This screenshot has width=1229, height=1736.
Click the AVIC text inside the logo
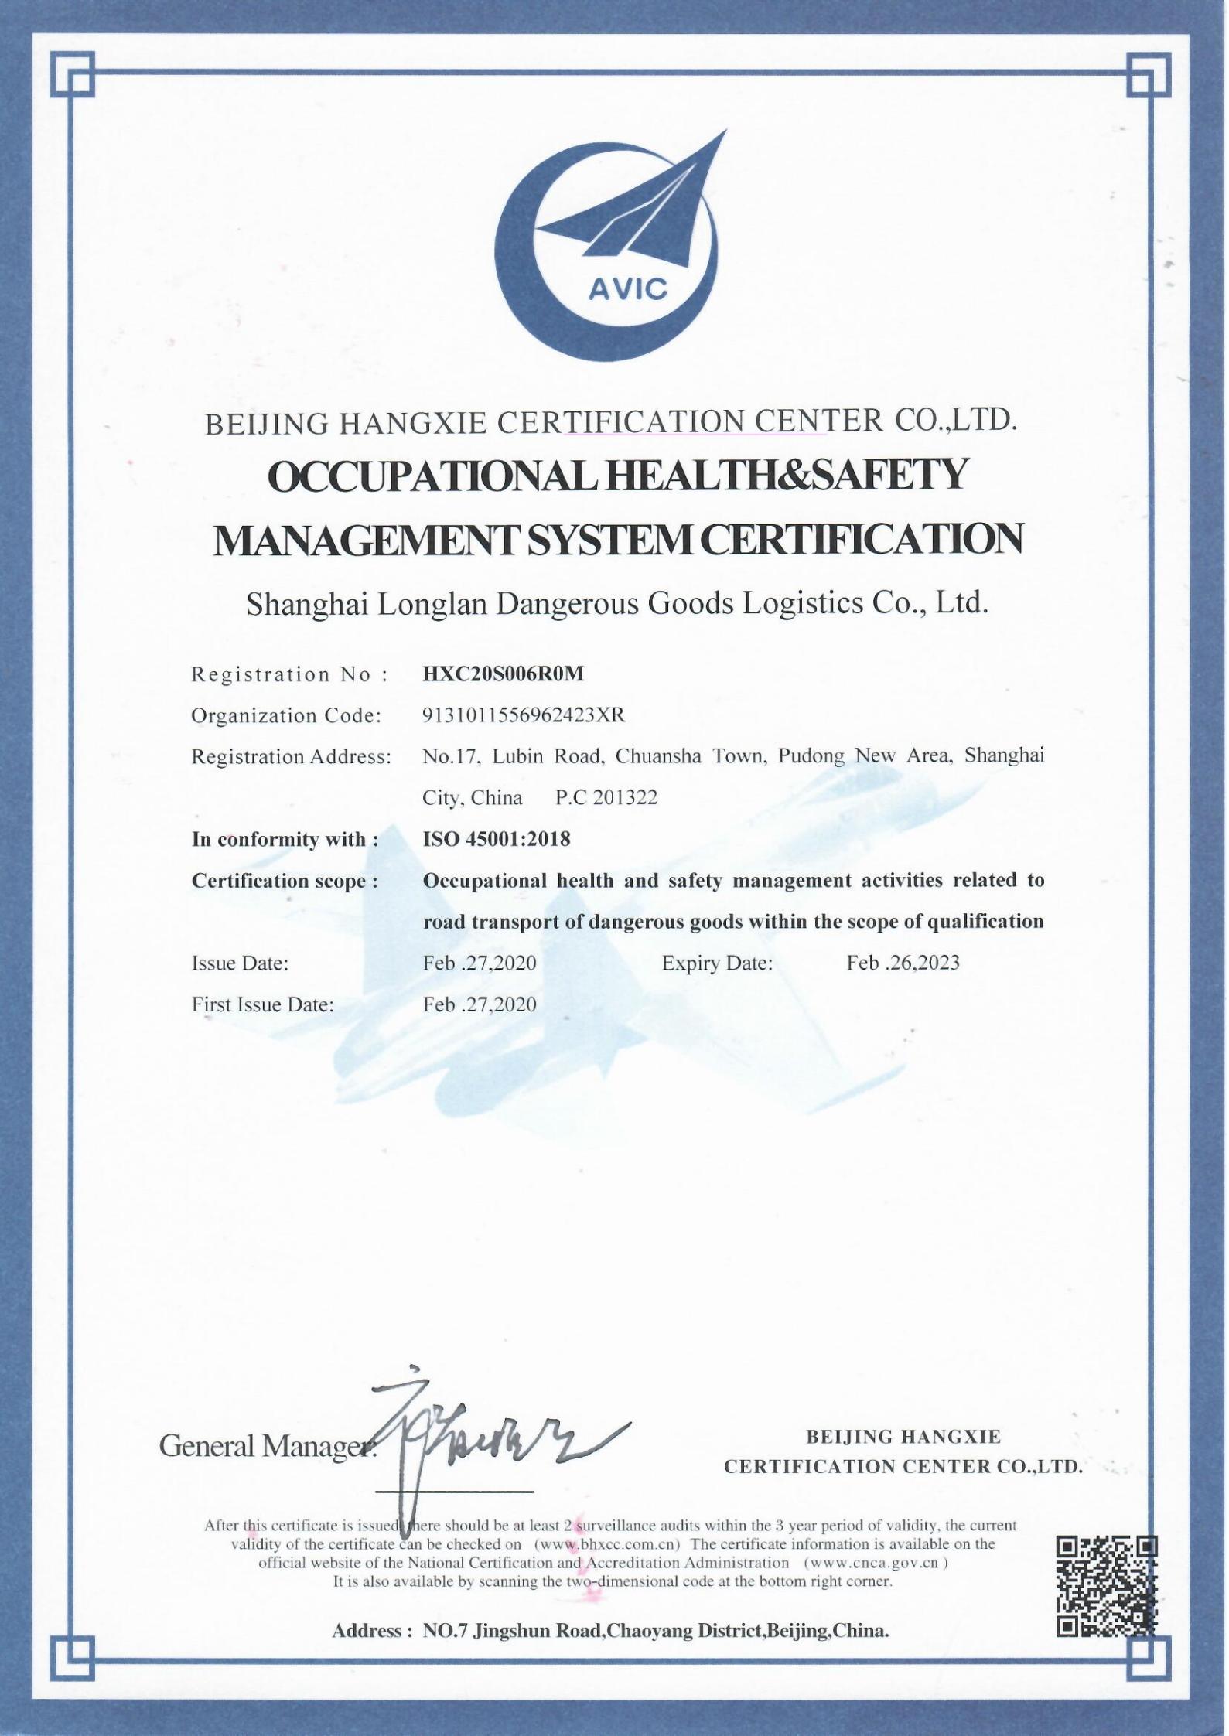tap(627, 289)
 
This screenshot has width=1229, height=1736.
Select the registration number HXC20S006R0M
tap(503, 674)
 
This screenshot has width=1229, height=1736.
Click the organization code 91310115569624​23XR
tap(523, 715)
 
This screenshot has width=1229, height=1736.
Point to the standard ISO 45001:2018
tap(497, 839)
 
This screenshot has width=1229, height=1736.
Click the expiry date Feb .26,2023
tap(903, 963)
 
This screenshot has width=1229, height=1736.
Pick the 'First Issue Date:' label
tap(263, 1004)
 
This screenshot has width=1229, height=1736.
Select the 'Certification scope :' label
tap(285, 881)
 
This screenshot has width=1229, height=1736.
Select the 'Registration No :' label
tap(289, 674)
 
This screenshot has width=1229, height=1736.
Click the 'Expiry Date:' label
tap(717, 963)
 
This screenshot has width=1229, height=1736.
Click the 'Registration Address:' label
tap(291, 756)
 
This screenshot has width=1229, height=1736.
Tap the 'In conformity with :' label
tap(285, 839)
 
